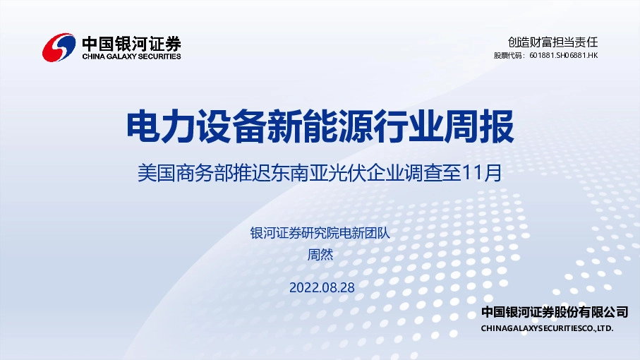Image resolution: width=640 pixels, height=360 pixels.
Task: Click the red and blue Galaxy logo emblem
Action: tap(59, 47)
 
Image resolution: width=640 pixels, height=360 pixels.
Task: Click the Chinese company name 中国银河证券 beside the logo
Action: tap(131, 42)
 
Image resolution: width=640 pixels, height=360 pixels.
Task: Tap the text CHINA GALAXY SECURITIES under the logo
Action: tap(131, 56)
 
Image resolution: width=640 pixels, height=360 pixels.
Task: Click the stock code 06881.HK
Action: tap(582, 55)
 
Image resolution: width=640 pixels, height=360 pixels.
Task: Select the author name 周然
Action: tap(320, 255)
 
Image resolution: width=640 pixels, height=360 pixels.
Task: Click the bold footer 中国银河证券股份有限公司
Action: tap(554, 312)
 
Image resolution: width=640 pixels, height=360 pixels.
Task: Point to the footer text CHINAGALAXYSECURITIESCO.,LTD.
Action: tap(547, 328)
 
